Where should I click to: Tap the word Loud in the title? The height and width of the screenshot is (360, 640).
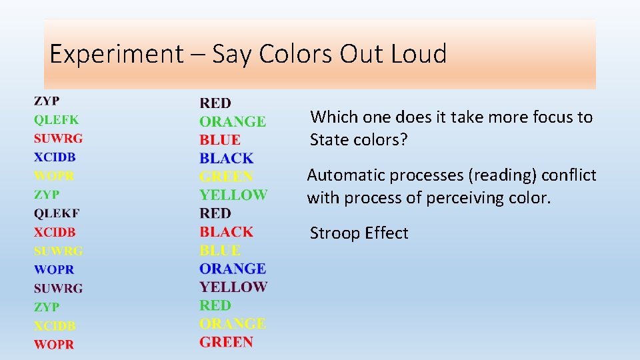click(419, 53)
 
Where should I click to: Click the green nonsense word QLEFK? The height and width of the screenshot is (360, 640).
click(57, 120)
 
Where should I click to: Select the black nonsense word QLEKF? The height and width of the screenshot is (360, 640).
click(57, 213)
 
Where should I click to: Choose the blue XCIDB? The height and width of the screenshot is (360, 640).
click(55, 157)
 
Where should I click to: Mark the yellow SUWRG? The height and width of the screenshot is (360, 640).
click(59, 251)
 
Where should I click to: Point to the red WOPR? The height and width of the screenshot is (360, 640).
click(54, 345)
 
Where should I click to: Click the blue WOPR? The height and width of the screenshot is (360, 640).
click(54, 270)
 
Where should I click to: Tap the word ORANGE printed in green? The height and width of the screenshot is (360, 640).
click(233, 121)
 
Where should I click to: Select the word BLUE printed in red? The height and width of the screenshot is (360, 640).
click(220, 140)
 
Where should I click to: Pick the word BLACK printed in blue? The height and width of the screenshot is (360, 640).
click(227, 159)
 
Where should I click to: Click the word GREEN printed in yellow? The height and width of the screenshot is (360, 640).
click(226, 177)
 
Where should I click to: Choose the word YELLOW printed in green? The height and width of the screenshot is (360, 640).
click(233, 195)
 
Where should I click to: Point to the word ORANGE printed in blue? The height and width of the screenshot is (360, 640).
click(233, 269)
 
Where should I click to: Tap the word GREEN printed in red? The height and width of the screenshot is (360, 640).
click(226, 342)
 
